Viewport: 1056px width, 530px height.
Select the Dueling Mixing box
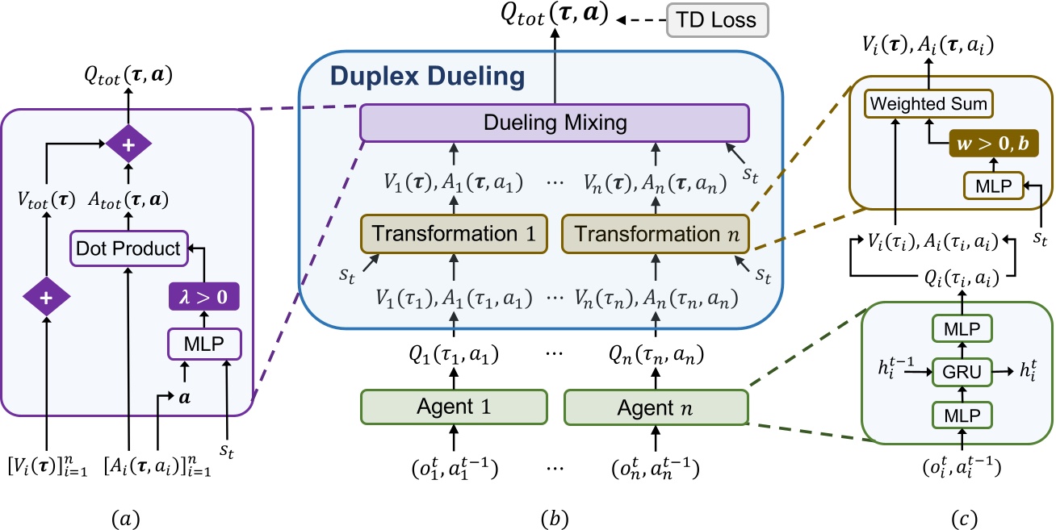pyautogui.click(x=556, y=123)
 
